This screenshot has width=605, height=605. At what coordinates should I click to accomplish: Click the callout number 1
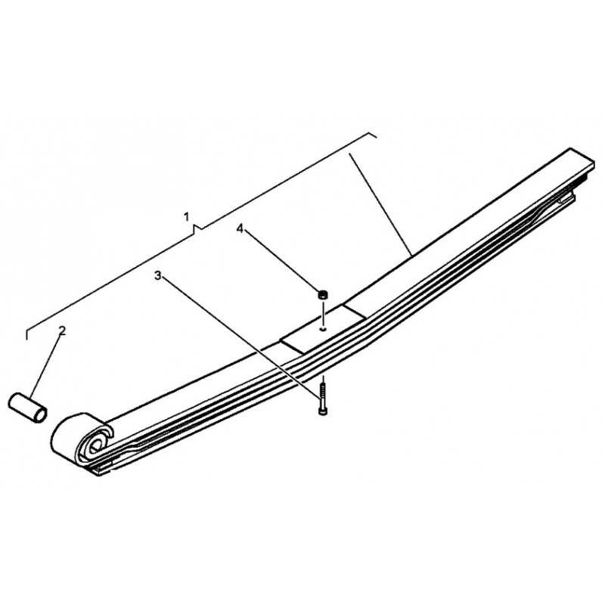pyautogui.click(x=186, y=217)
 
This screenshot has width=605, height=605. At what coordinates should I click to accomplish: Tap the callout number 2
pyautogui.click(x=62, y=330)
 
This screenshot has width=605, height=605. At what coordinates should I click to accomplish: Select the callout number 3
pyautogui.click(x=157, y=275)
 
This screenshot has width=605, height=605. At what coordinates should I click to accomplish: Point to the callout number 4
pyautogui.click(x=240, y=229)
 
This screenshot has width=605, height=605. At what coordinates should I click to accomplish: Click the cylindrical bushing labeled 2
pyautogui.click(x=27, y=407)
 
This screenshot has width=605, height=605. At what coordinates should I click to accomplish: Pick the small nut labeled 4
pyautogui.click(x=323, y=294)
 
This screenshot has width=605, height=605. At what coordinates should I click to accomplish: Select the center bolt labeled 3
pyautogui.click(x=323, y=399)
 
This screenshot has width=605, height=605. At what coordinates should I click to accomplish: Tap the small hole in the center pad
pyautogui.click(x=323, y=329)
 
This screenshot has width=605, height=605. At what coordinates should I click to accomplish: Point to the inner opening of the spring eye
pyautogui.click(x=95, y=445)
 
